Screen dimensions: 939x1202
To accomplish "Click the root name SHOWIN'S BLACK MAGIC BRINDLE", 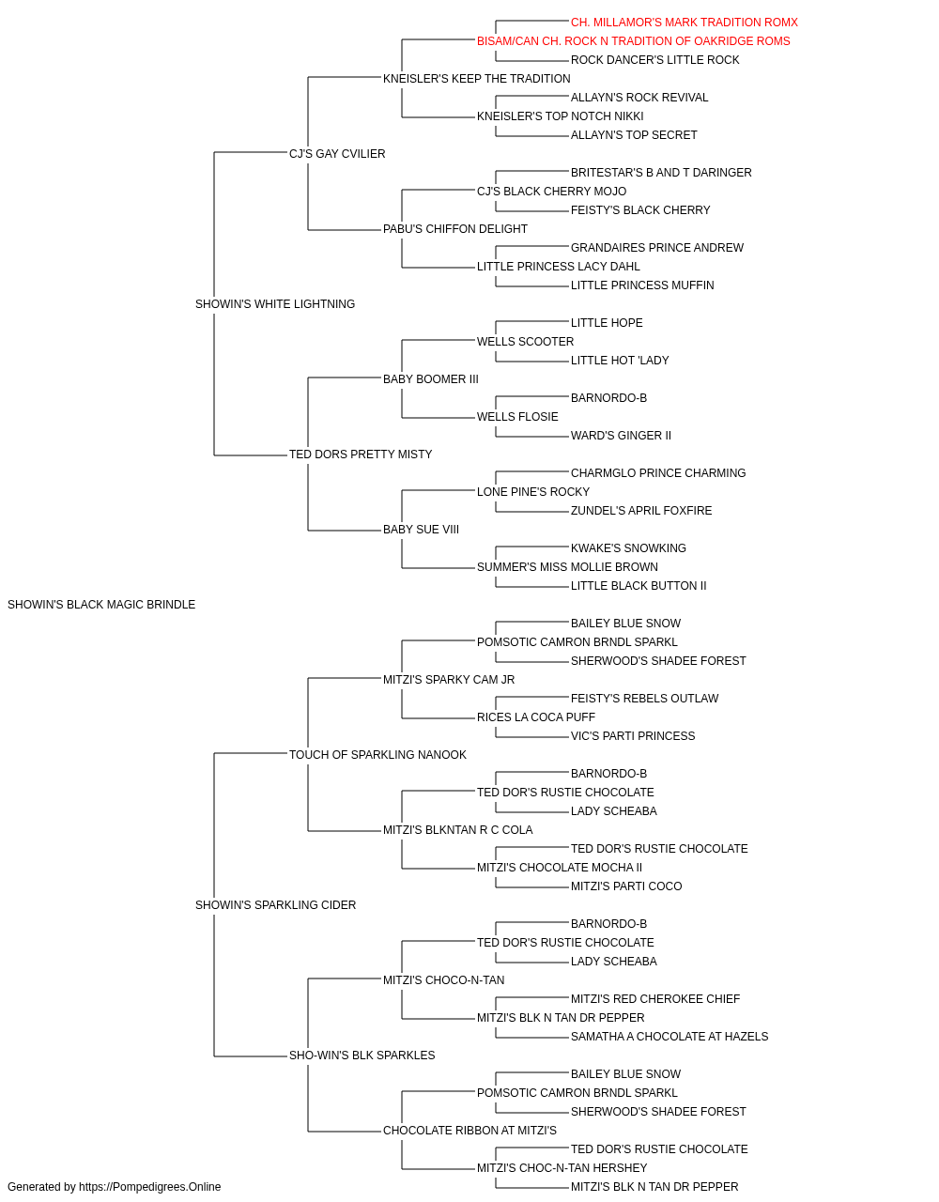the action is click(x=101, y=605).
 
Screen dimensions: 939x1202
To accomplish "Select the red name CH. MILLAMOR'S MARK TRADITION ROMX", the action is click(x=685, y=23).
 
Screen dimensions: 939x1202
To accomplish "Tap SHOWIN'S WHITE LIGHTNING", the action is click(x=275, y=304).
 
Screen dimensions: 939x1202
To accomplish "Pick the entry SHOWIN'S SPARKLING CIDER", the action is click(x=275, y=905).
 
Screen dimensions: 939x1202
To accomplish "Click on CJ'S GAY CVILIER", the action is click(x=337, y=154).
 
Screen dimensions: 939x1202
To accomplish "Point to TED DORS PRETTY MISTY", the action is click(x=361, y=455).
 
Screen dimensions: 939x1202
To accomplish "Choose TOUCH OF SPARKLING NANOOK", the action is click(x=377, y=754).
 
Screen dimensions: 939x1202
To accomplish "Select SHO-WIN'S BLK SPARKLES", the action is click(x=362, y=1055).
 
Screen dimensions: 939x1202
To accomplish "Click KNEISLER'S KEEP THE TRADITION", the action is click(x=477, y=79).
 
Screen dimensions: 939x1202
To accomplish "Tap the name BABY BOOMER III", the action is click(x=431, y=378).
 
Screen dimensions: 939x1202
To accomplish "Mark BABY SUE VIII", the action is click(x=421, y=530).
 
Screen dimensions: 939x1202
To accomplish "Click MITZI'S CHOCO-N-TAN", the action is click(x=443, y=980).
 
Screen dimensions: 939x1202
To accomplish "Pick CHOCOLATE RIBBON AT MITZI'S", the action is click(x=469, y=1130).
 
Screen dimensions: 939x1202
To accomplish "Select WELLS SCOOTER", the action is click(x=525, y=341).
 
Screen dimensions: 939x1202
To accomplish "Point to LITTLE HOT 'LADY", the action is click(x=620, y=360).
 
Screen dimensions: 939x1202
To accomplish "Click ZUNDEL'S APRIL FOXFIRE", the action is click(x=641, y=511).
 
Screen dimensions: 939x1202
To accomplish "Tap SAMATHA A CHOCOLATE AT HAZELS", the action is click(x=670, y=1036).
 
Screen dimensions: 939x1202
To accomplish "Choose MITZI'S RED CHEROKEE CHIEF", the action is click(x=655, y=999).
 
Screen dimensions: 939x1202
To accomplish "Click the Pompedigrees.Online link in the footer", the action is click(x=150, y=1187).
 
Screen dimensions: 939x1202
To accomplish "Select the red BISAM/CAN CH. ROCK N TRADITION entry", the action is click(x=633, y=41).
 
